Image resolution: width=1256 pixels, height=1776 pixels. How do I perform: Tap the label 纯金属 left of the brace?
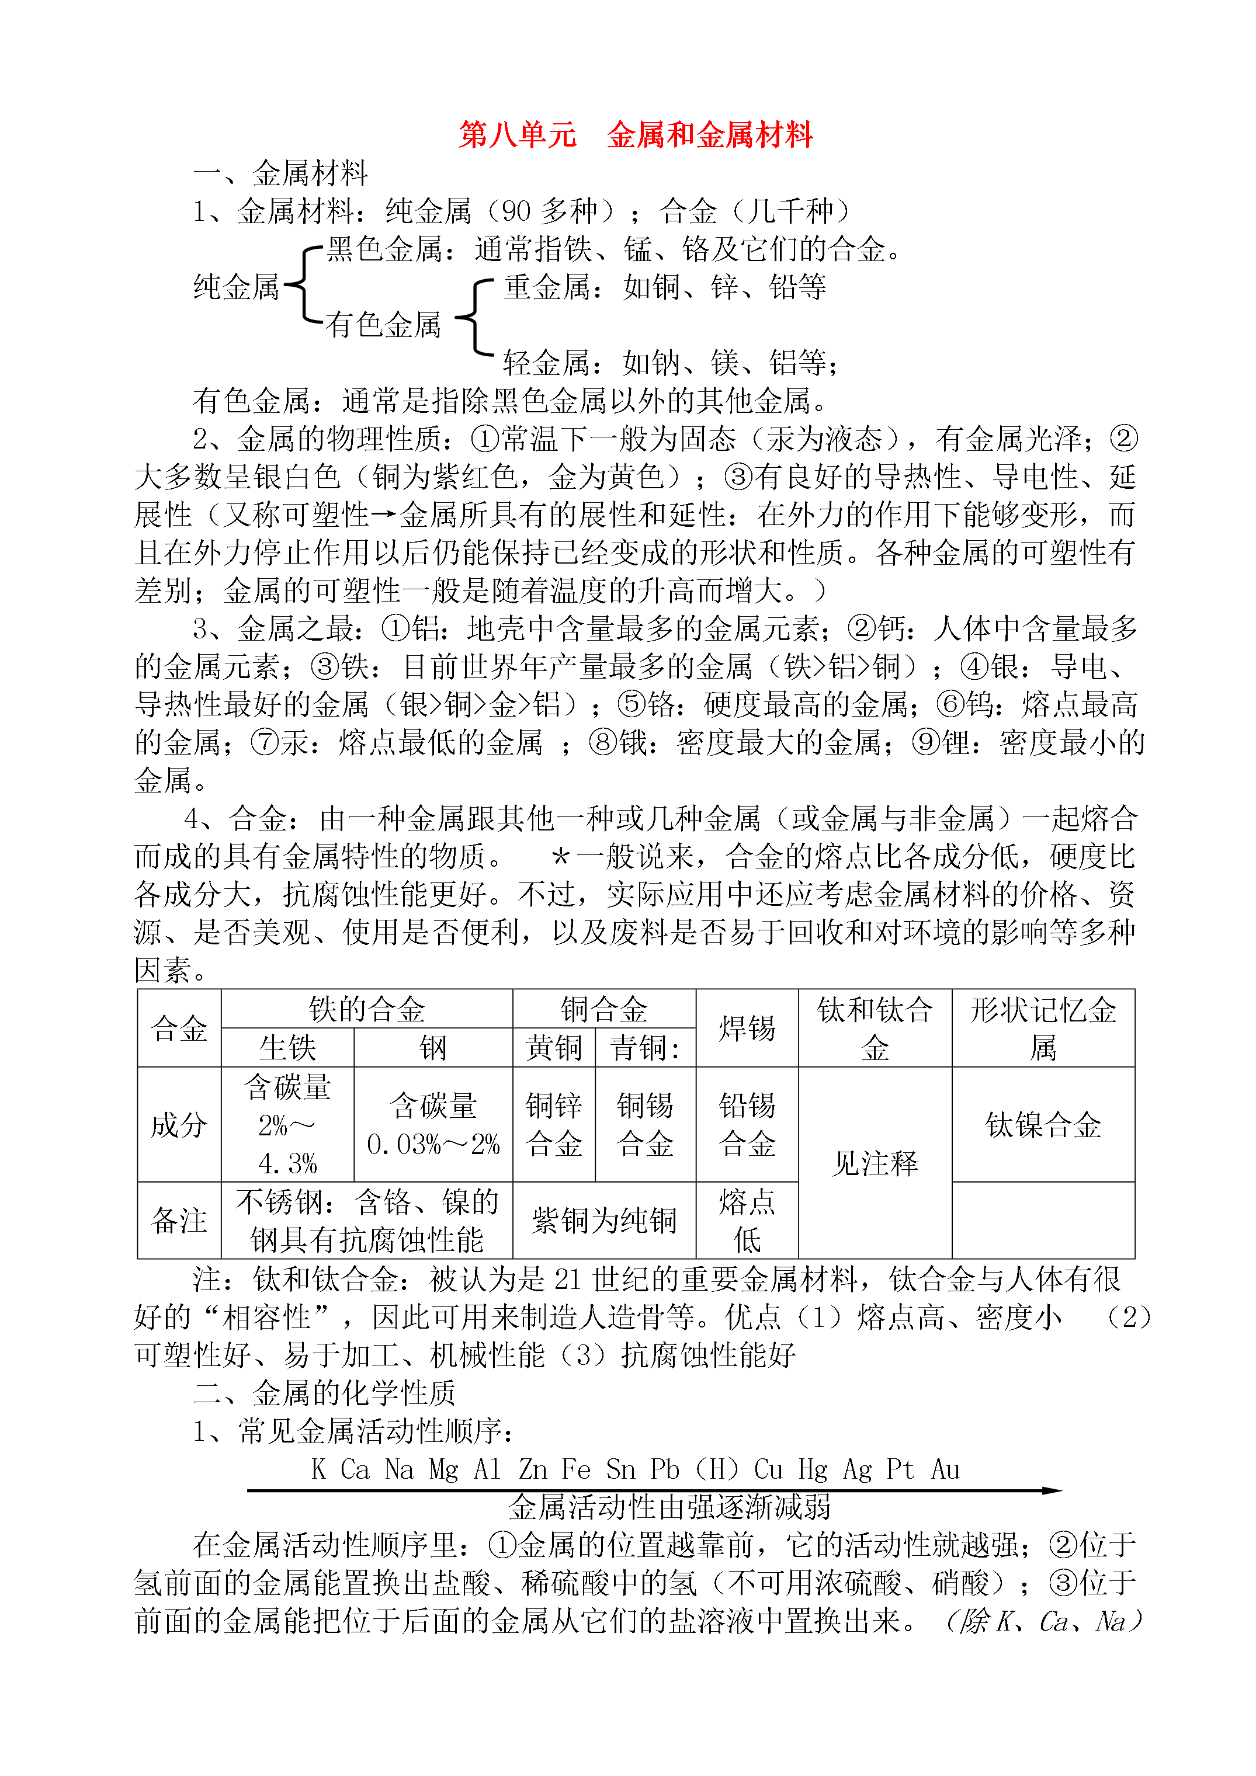click(x=235, y=287)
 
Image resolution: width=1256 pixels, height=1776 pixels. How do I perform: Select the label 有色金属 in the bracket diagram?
click(x=383, y=325)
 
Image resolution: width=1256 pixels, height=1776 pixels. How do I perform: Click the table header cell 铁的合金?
click(x=366, y=1009)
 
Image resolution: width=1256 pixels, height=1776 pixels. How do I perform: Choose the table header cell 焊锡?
click(x=747, y=1028)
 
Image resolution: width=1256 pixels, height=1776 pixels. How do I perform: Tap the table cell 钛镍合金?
click(x=1042, y=1125)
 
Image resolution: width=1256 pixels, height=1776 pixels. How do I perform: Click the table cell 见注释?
click(x=875, y=1163)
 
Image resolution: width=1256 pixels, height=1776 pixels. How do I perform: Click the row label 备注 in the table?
click(x=179, y=1221)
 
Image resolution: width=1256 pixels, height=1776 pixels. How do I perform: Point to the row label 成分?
click(x=179, y=1125)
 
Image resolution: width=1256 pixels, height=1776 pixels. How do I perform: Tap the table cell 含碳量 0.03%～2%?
click(x=433, y=1125)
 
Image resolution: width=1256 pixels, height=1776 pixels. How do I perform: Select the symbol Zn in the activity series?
click(x=533, y=1468)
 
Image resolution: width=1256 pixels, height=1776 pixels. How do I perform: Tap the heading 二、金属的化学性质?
click(x=324, y=1392)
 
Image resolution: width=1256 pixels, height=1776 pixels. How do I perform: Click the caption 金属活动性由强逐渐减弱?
click(x=669, y=1507)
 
